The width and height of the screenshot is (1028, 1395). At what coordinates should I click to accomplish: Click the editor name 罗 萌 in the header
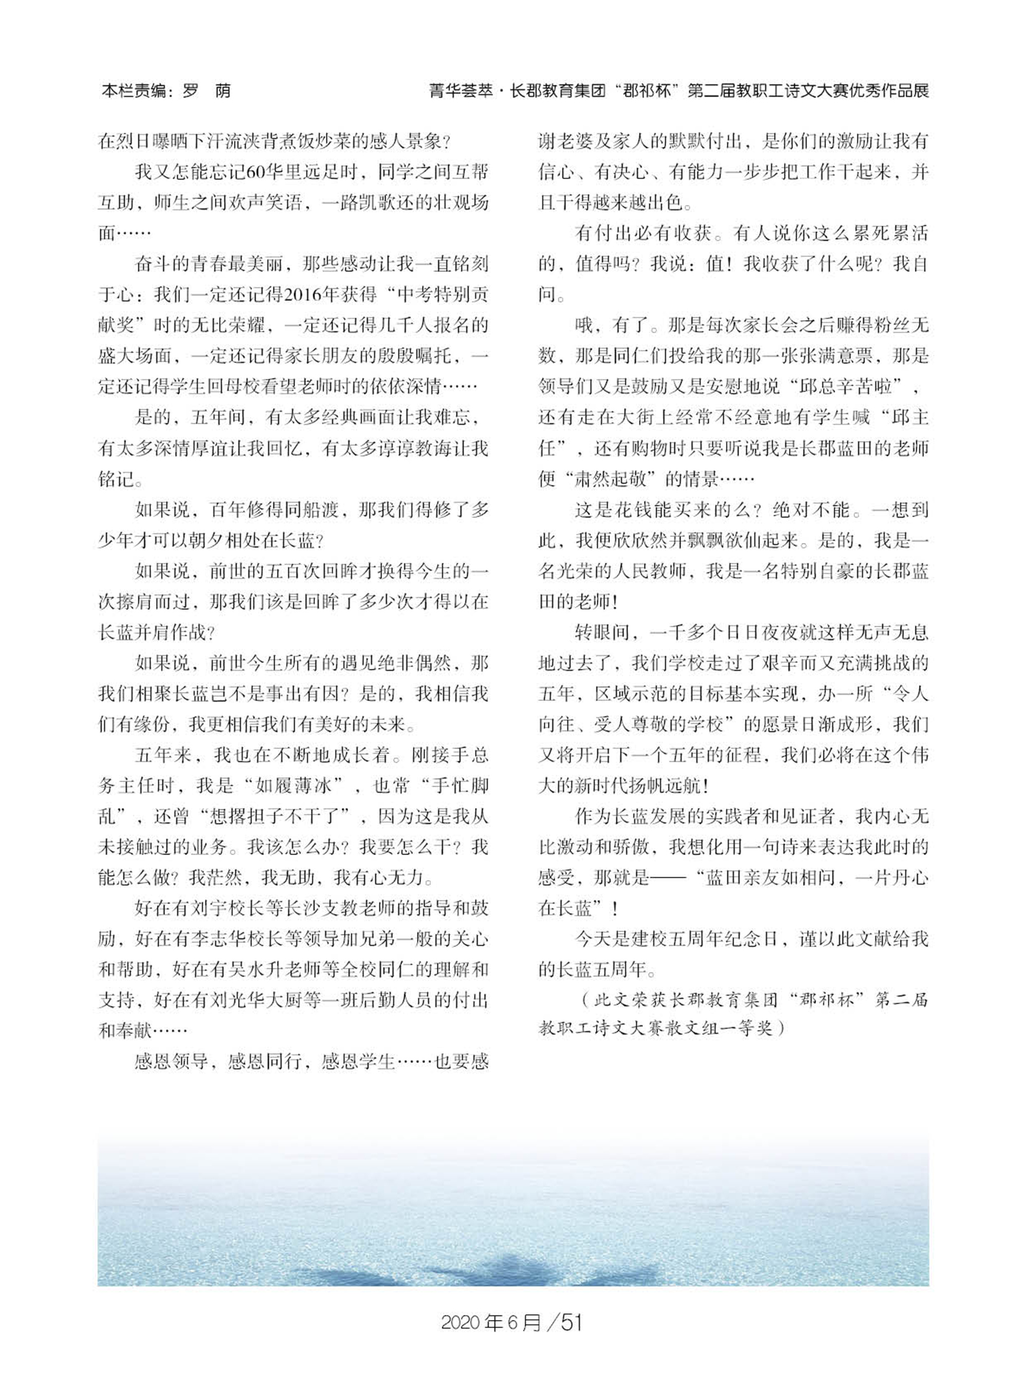click(x=207, y=91)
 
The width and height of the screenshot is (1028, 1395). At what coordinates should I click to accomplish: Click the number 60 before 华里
click(x=256, y=172)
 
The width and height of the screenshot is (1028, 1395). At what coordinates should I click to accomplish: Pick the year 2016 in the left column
click(x=304, y=294)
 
